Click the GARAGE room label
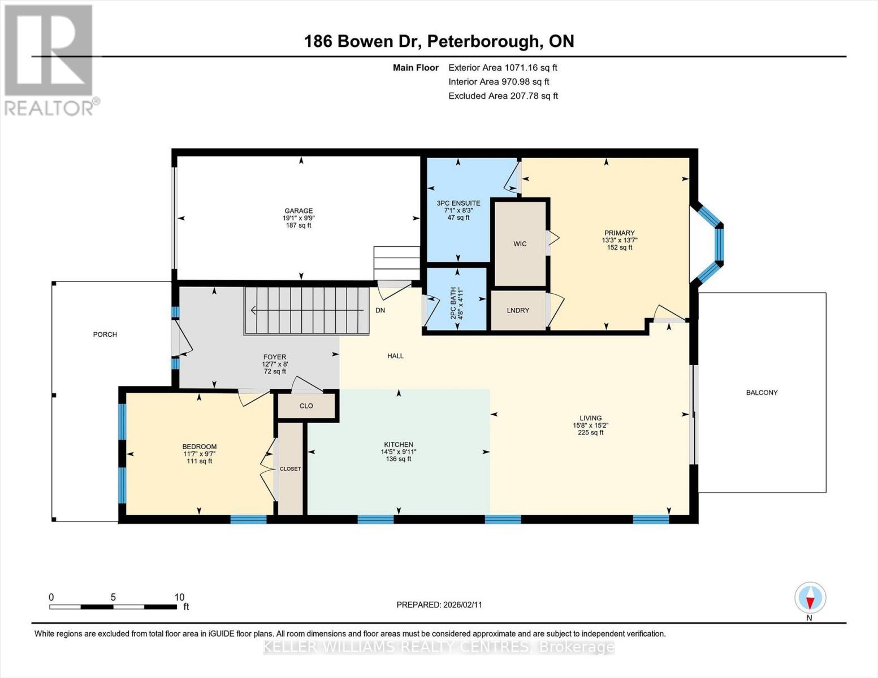298,211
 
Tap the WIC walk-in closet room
520,244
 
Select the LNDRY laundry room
518,310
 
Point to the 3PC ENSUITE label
459,203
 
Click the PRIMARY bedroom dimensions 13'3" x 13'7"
620,240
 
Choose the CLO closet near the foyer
306,406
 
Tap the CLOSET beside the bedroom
291,469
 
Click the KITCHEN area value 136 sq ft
399,459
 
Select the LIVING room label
590,418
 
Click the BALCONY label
762,393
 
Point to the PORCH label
105,334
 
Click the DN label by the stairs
380,310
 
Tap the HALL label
396,356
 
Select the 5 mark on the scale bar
113,597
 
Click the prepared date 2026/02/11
462,605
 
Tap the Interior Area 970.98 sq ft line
499,81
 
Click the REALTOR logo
50,59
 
